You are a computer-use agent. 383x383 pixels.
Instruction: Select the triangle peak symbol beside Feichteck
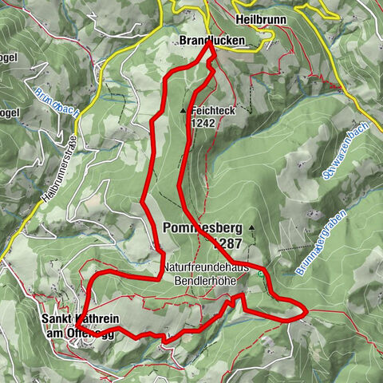184,111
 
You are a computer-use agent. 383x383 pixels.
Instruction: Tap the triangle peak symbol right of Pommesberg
252,227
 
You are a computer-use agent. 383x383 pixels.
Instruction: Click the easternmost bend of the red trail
306,310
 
